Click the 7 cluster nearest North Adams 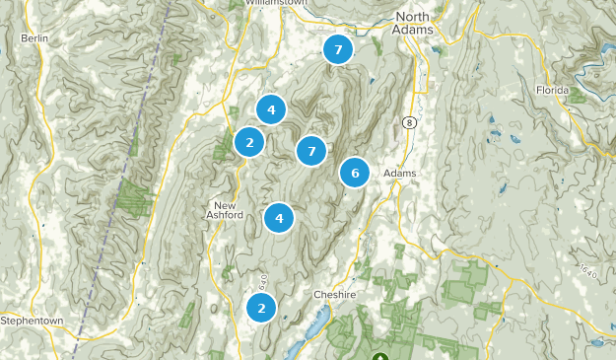338,48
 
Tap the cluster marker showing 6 355,173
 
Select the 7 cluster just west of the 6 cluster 311,151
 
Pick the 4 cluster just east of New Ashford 280,218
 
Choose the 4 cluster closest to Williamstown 271,109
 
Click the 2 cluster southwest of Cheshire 261,308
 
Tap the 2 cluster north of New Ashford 250,142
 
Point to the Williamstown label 276,3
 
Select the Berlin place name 34,38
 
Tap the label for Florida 553,91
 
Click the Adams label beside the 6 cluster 399,174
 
